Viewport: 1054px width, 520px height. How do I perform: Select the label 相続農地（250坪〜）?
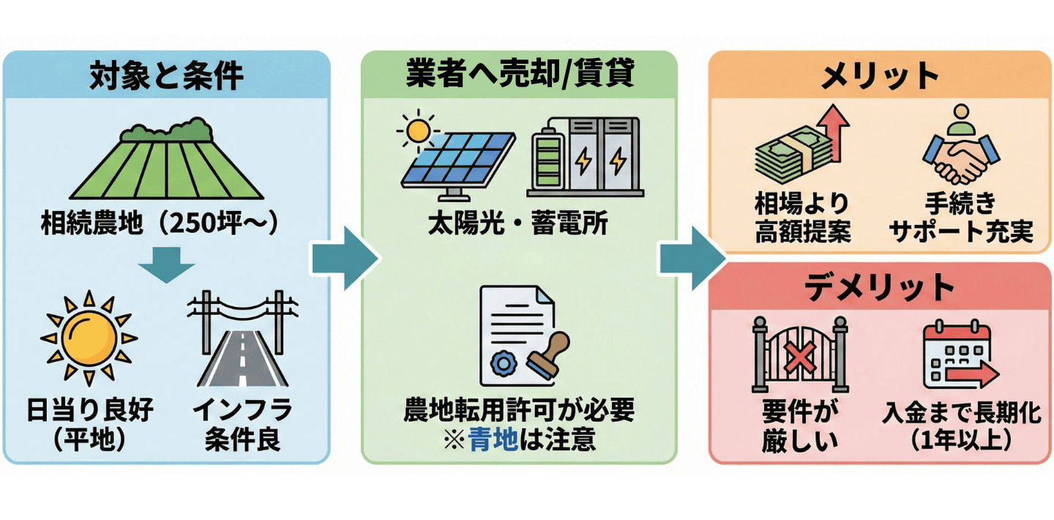pyautogui.click(x=160, y=223)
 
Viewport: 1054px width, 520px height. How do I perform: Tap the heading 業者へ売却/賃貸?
pyautogui.click(x=520, y=75)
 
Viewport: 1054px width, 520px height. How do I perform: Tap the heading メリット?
pyautogui.click(x=879, y=75)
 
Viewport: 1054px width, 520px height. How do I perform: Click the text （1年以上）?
pyautogui.click(x=961, y=440)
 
